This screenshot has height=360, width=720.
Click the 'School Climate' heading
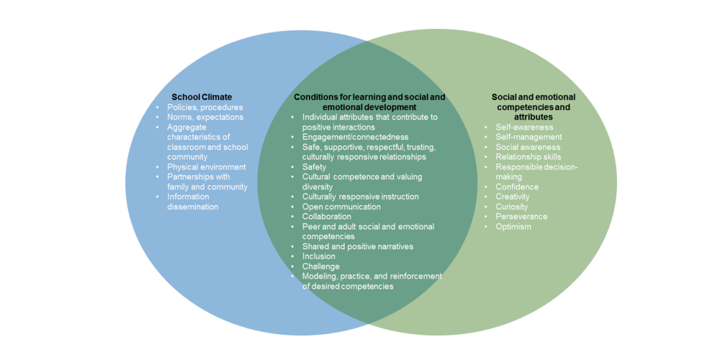click(202, 97)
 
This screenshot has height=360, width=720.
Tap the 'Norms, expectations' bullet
click(205, 117)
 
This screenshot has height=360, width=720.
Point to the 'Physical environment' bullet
click(207, 167)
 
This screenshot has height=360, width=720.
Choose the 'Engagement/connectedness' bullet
click(355, 137)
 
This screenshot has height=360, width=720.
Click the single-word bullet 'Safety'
click(314, 167)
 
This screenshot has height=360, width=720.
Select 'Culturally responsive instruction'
click(360, 197)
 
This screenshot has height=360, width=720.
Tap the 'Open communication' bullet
click(341, 207)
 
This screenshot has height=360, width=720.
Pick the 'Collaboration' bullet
click(327, 216)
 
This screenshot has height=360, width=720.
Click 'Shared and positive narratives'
click(358, 246)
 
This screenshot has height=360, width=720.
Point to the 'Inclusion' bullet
click(319, 256)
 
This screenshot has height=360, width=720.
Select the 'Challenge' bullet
click(321, 266)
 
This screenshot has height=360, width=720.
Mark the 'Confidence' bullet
click(517, 187)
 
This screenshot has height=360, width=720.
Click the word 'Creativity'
click(513, 197)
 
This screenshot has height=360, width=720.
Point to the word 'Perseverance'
click(521, 217)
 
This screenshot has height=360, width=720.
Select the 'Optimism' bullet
click(513, 227)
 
